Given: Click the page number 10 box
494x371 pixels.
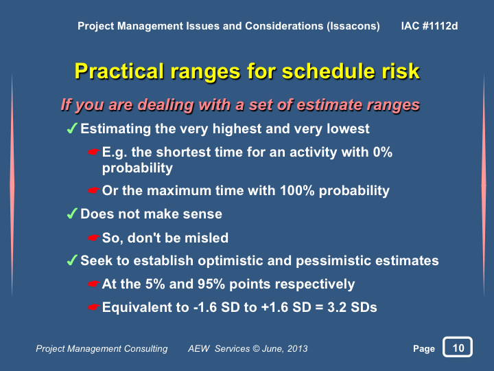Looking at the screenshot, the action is [458, 347].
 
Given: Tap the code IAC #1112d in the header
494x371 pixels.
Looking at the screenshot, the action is [430, 26].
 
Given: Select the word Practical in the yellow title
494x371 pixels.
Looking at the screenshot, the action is [119, 71].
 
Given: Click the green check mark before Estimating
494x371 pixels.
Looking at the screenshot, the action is [72, 128].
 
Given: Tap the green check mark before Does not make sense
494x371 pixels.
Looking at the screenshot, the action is [72, 213].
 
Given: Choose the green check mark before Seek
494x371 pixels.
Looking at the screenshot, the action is [72, 260].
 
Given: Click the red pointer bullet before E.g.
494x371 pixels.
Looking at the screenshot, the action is [94, 153].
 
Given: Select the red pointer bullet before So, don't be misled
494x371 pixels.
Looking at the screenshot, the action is [94, 238].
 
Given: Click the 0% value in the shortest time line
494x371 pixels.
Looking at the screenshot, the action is [383, 152].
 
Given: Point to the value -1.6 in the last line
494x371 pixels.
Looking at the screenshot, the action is [204, 307].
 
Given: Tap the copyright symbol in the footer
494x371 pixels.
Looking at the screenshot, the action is [256, 348].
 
